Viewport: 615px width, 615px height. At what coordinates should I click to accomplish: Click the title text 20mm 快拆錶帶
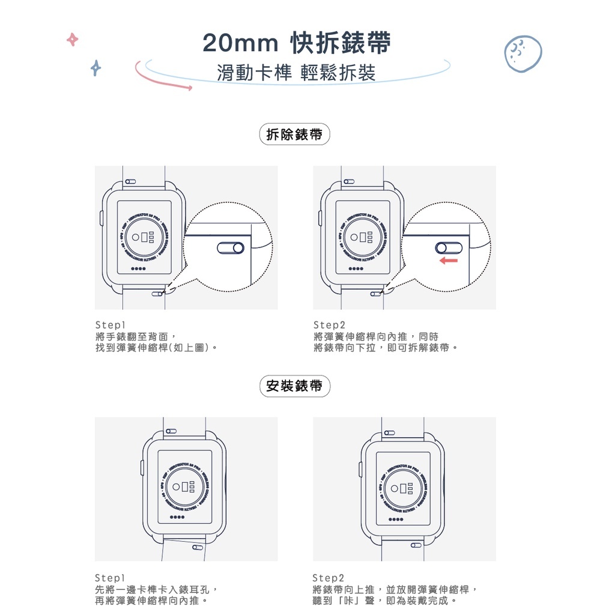pos(297,43)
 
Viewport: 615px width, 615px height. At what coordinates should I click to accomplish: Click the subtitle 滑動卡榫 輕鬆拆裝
pos(297,73)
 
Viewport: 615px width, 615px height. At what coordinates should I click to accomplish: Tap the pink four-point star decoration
pos(72,40)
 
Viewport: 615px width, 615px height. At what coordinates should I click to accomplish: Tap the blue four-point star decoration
pos(95,68)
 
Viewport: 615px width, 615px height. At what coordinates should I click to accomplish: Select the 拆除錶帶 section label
pos(294,135)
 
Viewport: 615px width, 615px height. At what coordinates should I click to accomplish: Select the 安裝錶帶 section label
pos(294,386)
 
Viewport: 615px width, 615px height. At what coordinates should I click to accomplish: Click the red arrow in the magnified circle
pos(448,261)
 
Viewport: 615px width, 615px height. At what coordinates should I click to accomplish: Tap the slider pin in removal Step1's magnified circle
pos(230,248)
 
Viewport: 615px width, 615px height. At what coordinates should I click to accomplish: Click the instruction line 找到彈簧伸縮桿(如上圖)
pos(155,348)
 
